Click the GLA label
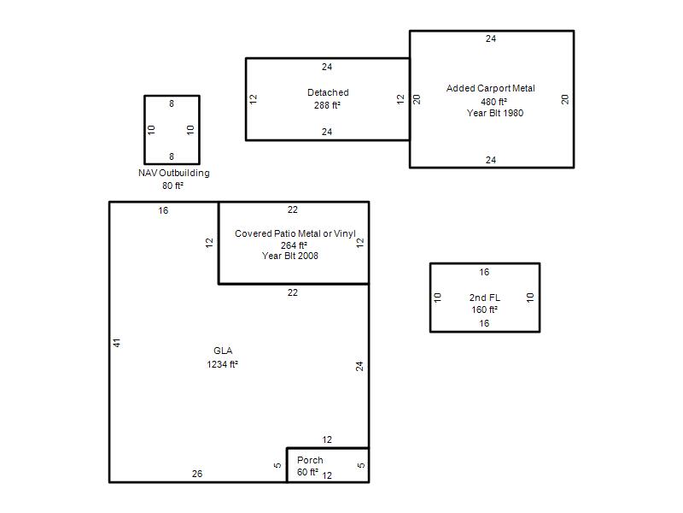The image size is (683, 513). point(223,351)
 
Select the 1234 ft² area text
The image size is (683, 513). point(222,364)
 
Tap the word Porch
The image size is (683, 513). point(310,460)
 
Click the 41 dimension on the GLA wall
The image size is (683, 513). point(117,343)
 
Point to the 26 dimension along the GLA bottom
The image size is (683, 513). point(197,474)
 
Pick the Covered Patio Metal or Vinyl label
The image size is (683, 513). point(295,233)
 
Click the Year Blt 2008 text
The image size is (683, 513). point(290,256)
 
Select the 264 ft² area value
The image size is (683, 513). point(294,245)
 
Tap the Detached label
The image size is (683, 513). point(328,92)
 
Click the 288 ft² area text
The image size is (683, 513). point(327,105)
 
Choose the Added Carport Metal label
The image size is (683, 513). point(491,88)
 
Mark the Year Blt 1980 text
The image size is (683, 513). point(495,113)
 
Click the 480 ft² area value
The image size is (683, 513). point(494,102)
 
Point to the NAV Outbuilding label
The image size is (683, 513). point(174,173)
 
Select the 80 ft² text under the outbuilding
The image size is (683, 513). point(173,186)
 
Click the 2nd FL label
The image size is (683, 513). point(485,298)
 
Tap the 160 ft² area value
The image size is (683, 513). point(485,310)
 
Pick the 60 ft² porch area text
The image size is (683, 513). point(307,472)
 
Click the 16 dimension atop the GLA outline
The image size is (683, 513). point(163,210)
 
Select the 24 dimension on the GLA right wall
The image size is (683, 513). point(359,367)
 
